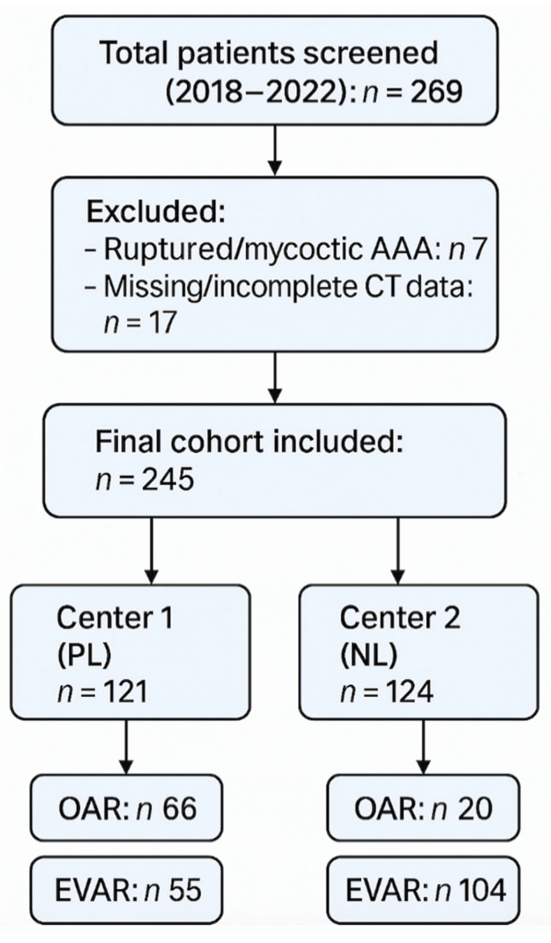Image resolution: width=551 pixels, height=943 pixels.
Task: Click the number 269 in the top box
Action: point(436,92)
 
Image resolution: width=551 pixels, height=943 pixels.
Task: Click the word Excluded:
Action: point(155,211)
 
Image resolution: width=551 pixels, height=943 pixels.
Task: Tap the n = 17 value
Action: point(139,323)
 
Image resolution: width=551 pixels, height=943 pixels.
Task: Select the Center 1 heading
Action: point(114,617)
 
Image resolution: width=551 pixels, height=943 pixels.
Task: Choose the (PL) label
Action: point(84,655)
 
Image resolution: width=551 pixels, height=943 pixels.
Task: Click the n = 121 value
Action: point(102,692)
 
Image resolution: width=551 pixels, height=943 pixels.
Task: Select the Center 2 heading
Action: point(399,617)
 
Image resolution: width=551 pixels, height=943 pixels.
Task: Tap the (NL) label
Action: point(368,655)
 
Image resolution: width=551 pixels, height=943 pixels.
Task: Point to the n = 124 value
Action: point(386,692)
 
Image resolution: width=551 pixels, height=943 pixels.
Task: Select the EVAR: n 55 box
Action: point(127,889)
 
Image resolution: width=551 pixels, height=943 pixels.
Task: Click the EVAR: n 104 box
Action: point(423,889)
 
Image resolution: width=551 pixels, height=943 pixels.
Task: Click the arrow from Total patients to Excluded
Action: point(275,150)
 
